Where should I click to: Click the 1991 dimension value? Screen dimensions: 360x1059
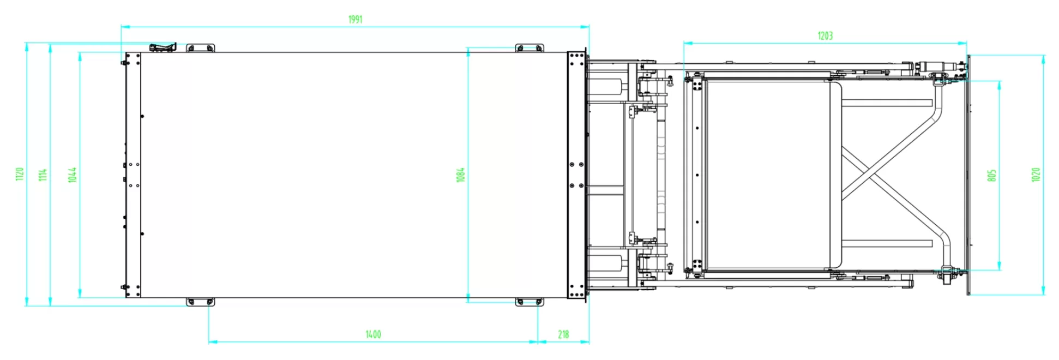[355, 20]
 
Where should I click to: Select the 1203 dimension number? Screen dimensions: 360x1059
[825, 36]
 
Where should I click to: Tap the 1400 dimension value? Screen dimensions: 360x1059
[373, 334]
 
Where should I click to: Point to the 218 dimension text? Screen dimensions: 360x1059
[563, 334]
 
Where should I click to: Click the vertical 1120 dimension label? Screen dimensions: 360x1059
[20, 175]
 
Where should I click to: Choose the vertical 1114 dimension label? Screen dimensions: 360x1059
[43, 175]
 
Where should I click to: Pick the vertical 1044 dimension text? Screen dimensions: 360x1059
[73, 175]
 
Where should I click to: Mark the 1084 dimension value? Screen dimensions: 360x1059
[461, 175]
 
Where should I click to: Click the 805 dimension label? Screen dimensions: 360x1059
[992, 175]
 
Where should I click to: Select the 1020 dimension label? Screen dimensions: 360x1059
[1036, 175]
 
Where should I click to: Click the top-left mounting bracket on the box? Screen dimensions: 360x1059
[200, 48]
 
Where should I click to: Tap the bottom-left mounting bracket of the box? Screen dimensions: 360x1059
[200, 302]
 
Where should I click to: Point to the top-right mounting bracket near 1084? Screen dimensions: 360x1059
[529, 48]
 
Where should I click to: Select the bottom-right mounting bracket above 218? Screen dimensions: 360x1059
[529, 302]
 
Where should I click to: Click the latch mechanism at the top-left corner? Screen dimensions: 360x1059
[163, 47]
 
